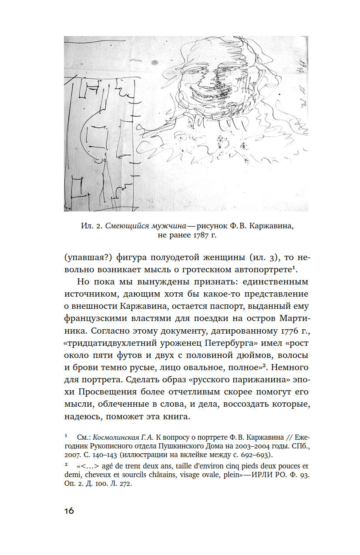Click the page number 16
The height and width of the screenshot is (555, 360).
tap(67, 510)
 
